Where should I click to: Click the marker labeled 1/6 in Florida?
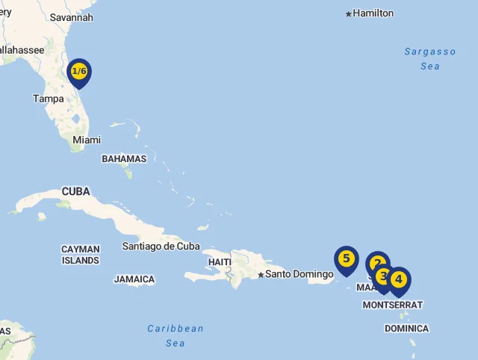tap(78, 72)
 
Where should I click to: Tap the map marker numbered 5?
tap(346, 259)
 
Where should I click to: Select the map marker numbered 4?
tap(399, 279)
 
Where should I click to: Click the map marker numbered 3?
tap(383, 276)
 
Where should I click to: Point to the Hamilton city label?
tap(373, 13)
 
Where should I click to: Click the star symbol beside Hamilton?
tap(348, 13)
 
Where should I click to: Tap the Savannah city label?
tap(72, 17)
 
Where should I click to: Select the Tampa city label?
tap(49, 98)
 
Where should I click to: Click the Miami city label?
tap(87, 140)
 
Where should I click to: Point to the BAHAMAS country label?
tap(124, 159)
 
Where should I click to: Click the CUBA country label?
tap(75, 191)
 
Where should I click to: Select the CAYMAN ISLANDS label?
tap(81, 255)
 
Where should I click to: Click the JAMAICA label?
tap(134, 279)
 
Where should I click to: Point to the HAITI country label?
tap(220, 262)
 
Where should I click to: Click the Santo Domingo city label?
tap(299, 274)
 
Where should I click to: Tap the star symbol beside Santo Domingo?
tap(261, 275)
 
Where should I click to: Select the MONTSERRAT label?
tap(393, 305)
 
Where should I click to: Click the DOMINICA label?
tap(407, 329)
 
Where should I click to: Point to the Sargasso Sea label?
tap(430, 59)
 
